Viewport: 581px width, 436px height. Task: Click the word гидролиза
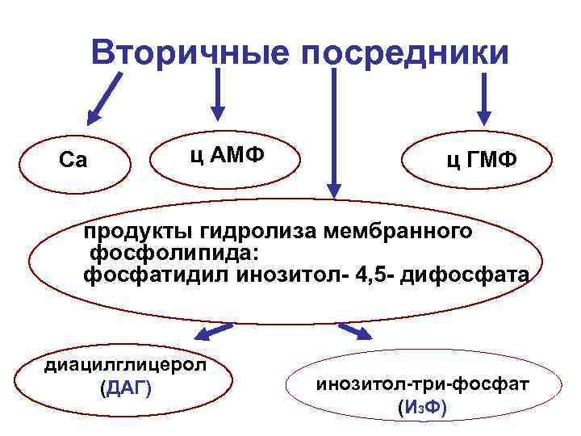point(254,233)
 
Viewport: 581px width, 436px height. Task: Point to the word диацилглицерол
point(125,363)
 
